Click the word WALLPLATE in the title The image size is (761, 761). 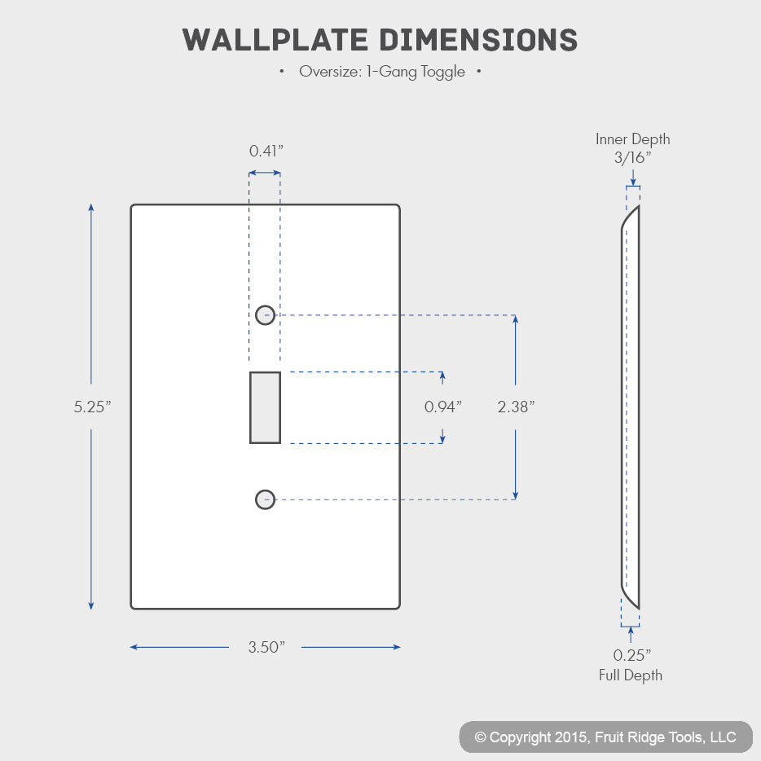(275, 40)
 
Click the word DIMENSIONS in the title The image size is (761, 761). (478, 40)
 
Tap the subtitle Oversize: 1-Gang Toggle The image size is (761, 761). (382, 72)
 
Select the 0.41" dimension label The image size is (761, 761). (266, 151)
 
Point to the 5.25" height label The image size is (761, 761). (92, 407)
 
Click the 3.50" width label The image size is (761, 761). (266, 647)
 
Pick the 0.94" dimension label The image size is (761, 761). (442, 407)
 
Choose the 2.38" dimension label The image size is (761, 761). (516, 407)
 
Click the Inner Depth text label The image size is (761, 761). (632, 139)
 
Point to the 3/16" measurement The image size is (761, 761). (632, 157)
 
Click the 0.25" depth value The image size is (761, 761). (632, 655)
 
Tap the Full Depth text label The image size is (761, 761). (631, 675)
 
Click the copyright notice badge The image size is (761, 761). (605, 737)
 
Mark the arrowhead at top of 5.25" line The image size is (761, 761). (90, 208)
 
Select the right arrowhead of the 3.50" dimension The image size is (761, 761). (397, 647)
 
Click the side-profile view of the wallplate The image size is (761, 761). (639, 407)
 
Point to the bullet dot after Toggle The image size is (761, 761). (479, 72)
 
